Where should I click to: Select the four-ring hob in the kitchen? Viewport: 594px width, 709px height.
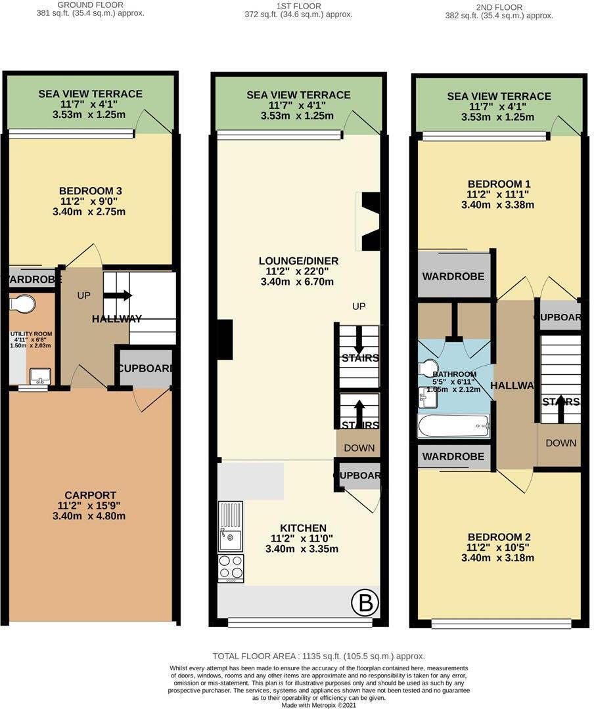(230, 568)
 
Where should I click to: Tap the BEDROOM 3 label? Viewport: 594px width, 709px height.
(92, 191)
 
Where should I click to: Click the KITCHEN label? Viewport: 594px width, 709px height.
(303, 528)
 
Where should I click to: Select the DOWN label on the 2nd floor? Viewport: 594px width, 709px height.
(560, 443)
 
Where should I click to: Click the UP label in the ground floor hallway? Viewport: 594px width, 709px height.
(83, 296)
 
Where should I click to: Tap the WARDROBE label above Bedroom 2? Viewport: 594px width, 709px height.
(453, 456)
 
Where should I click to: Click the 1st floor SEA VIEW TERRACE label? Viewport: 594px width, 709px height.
(298, 95)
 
